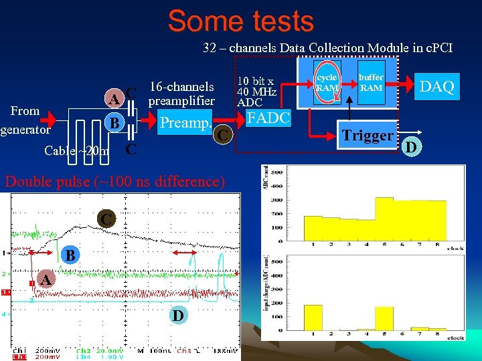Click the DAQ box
click(x=436, y=86)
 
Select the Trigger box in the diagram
click(x=368, y=136)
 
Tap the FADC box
click(x=268, y=118)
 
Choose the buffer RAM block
click(x=372, y=83)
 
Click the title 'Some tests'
click(x=241, y=21)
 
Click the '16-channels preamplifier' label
click(x=181, y=94)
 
